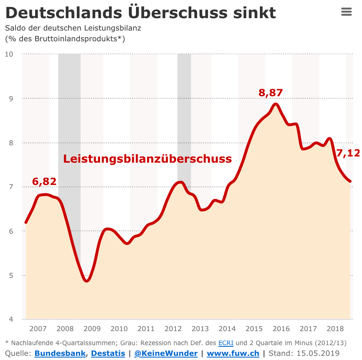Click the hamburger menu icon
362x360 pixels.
[346, 12]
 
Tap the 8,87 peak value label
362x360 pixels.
[270, 93]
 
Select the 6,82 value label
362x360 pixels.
[44, 182]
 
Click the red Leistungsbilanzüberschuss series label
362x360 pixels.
[147, 159]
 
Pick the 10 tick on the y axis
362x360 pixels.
[9, 54]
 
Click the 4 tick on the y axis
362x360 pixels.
[11, 320]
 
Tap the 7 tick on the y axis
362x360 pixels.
[11, 187]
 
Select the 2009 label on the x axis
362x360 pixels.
[92, 329]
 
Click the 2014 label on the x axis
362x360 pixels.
[227, 329]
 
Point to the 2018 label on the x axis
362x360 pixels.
[335, 329]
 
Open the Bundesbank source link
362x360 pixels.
[60, 353]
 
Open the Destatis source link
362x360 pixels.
[108, 353]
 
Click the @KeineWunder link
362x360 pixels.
[166, 353]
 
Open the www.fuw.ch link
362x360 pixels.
[233, 353]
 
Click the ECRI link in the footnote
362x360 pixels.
[226, 343]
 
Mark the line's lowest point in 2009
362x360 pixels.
[87, 281]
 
